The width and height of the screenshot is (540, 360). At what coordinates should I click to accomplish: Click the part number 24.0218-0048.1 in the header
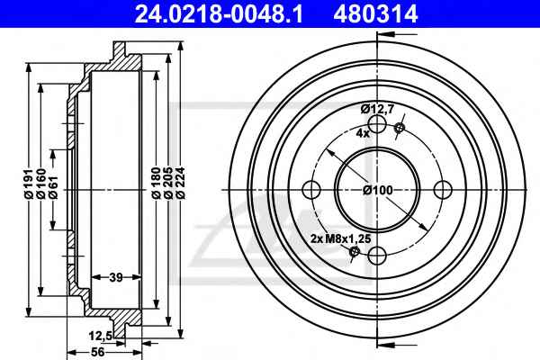pyautogui.click(x=219, y=14)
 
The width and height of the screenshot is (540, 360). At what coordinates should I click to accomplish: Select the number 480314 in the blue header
pyautogui.click(x=375, y=14)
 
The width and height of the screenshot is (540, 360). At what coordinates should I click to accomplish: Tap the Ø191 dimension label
pyautogui.click(x=29, y=184)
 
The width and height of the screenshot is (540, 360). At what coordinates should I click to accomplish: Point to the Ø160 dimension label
pyautogui.click(x=41, y=184)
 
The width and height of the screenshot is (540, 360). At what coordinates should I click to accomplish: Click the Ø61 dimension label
pyautogui.click(x=53, y=187)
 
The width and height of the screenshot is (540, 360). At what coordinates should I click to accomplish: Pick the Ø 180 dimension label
pyautogui.click(x=156, y=183)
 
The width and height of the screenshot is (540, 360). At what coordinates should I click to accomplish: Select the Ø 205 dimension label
pyautogui.click(x=168, y=183)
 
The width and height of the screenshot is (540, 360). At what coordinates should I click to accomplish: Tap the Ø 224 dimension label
pyautogui.click(x=181, y=183)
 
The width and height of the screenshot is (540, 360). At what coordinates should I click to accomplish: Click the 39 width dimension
pyautogui.click(x=116, y=277)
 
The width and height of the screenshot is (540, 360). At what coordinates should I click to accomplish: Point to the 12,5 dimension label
pyautogui.click(x=100, y=335)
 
